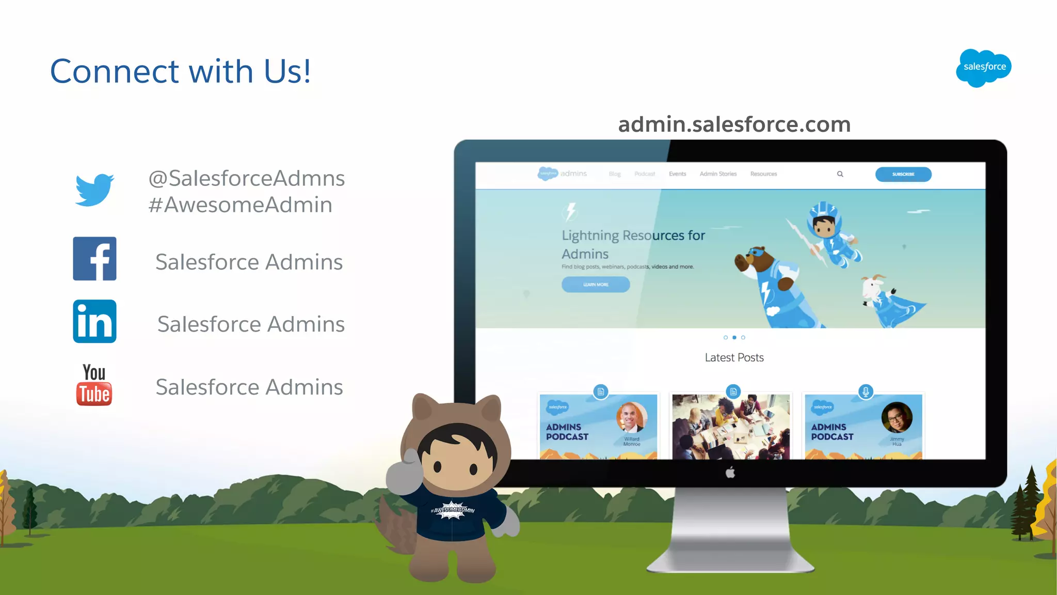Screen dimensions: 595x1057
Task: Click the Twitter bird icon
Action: tap(94, 190)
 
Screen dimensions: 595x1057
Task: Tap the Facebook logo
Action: tap(94, 259)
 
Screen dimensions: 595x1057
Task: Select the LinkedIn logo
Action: tap(94, 321)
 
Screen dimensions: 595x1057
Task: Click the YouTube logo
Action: tap(94, 385)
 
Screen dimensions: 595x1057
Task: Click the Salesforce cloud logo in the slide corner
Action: tap(984, 68)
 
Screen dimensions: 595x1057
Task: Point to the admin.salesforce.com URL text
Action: tap(734, 124)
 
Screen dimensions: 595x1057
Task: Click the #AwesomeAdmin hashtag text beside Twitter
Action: tap(240, 205)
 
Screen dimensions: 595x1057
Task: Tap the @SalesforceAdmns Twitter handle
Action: tap(246, 178)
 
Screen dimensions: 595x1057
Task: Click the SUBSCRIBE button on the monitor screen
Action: tap(903, 175)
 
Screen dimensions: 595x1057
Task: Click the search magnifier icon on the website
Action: tap(840, 174)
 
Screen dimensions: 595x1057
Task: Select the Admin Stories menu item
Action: tap(718, 174)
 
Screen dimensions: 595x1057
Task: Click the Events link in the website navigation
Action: tap(677, 174)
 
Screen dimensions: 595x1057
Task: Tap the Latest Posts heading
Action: tap(734, 357)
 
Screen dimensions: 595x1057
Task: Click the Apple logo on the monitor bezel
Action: tap(730, 473)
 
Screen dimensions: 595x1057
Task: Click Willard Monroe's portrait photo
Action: tap(631, 417)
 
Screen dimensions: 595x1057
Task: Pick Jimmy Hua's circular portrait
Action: tap(896, 417)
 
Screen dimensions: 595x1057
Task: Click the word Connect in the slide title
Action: tap(115, 71)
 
